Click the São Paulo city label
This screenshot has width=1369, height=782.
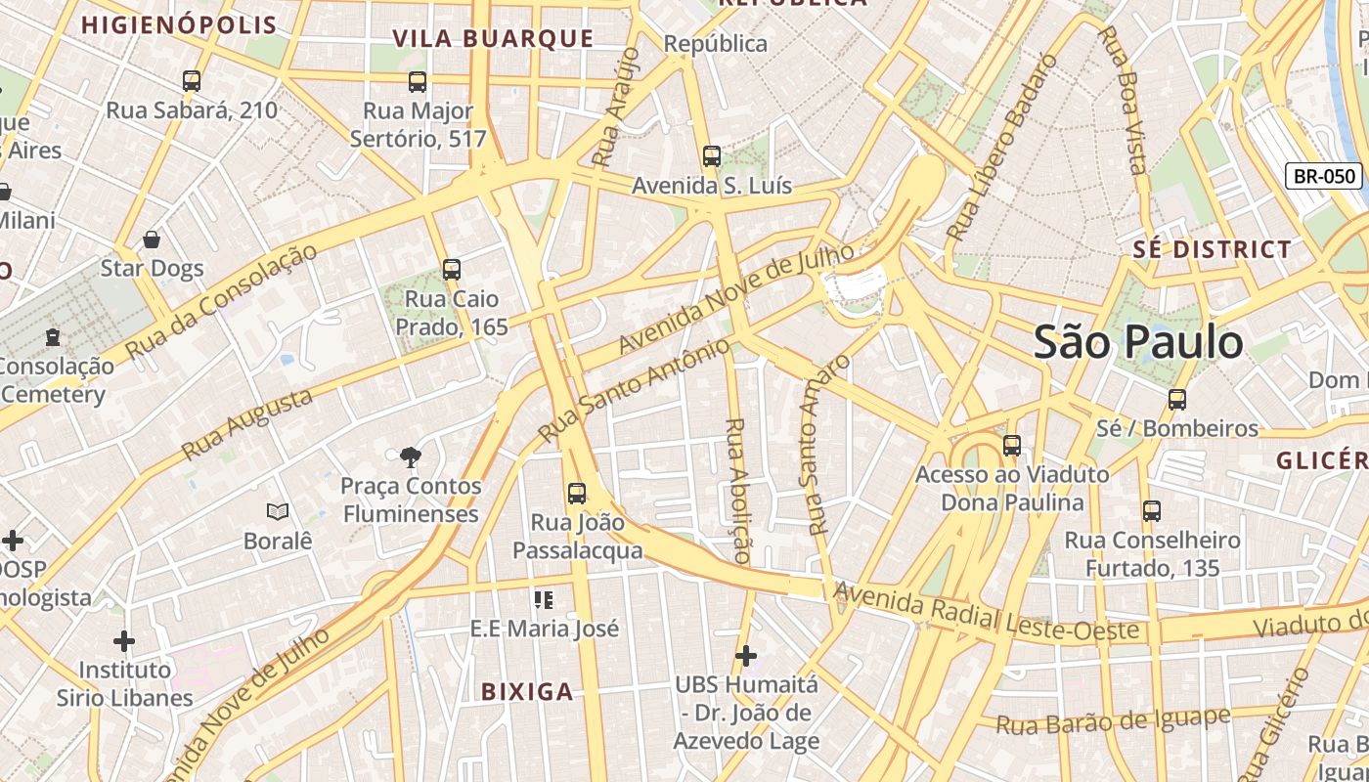1138,342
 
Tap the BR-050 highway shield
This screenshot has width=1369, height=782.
1324,176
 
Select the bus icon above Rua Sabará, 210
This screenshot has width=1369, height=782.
192,81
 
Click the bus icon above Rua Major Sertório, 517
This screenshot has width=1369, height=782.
418,82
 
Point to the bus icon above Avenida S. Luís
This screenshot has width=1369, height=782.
712,156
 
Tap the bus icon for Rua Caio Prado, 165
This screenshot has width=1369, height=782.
451,269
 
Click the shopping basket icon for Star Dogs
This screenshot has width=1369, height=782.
152,239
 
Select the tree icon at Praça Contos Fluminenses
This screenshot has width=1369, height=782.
410,456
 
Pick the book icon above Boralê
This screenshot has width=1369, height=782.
278,511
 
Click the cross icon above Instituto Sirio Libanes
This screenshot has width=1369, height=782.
124,641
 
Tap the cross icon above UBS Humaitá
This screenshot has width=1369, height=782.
746,655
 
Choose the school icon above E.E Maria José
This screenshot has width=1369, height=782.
544,599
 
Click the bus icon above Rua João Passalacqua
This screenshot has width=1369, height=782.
577,494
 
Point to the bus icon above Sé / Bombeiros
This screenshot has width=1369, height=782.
1177,399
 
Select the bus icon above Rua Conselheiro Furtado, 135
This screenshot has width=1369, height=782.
1152,510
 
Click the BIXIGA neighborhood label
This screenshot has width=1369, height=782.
527,692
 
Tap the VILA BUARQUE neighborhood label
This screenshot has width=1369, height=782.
493,38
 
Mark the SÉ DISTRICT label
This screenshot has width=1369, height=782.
1213,249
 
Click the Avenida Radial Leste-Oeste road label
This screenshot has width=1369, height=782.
986,612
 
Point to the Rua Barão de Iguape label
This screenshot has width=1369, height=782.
1113,721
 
